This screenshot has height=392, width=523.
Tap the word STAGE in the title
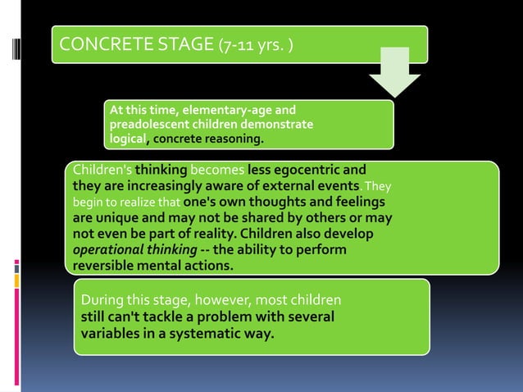[x=178, y=43]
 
